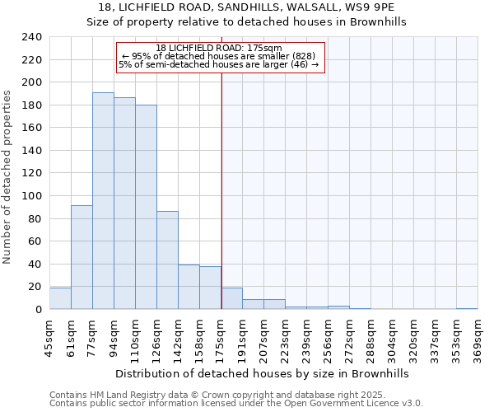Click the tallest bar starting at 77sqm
103,201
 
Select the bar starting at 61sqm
82,257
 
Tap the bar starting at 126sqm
167,260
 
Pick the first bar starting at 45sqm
60,298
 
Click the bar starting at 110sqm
146,207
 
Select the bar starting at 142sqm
189,287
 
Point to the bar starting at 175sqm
231,298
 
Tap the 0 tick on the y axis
38,310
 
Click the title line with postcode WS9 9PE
247,7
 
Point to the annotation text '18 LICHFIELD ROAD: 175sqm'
218,48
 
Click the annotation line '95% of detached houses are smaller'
218,56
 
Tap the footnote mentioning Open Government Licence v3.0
236,404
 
